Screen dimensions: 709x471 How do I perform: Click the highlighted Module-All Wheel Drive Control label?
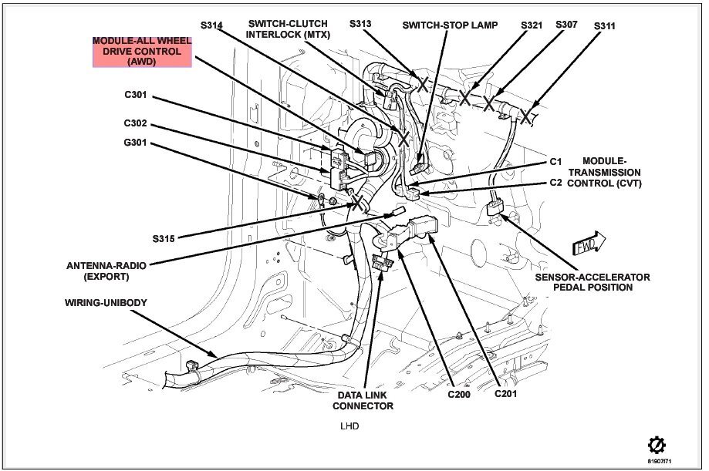tap(142, 52)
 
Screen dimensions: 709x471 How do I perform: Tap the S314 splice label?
tap(211, 25)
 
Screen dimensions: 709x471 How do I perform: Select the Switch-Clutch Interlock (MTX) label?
tap(288, 29)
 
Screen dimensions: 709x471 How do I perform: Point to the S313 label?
tap(360, 23)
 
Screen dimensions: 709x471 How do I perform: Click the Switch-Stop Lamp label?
tap(450, 25)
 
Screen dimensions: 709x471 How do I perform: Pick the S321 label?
tap(532, 25)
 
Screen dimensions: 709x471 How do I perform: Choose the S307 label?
tap(566, 25)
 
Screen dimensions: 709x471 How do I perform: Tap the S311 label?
tap(605, 25)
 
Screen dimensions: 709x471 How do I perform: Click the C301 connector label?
tap(136, 95)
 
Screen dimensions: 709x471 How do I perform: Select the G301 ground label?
tap(135, 143)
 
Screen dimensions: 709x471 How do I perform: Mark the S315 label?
tap(164, 239)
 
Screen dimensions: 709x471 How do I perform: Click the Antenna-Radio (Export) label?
tap(106, 271)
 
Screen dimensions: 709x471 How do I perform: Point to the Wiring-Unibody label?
tap(106, 302)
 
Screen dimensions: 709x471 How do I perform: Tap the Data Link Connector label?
tap(363, 401)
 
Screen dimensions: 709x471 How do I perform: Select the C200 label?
tap(459, 394)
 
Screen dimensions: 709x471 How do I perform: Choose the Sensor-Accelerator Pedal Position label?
tap(593, 282)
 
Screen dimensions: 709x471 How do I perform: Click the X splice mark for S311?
tap(525, 116)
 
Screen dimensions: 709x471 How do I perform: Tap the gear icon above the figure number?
tap(657, 446)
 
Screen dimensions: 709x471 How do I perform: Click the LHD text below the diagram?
tap(349, 426)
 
